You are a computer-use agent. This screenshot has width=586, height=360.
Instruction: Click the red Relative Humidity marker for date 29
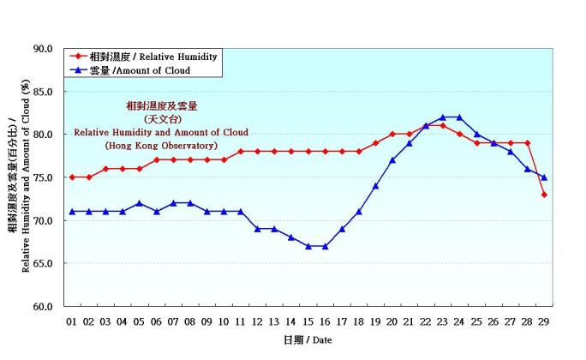tap(544, 195)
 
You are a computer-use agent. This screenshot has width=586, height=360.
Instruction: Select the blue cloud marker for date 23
tap(443, 117)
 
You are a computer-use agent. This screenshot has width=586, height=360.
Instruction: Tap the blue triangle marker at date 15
tap(308, 246)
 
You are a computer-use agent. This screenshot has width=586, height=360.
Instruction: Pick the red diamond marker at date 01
tap(72, 177)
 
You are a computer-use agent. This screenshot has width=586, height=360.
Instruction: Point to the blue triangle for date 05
tap(140, 203)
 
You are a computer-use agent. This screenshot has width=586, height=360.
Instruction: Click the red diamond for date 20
tap(392, 135)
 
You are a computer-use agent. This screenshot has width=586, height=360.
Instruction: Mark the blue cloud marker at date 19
tap(375, 186)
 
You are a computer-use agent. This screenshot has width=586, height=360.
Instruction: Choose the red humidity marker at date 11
tap(241, 152)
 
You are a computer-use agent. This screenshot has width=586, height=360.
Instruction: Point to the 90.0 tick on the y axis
tap(43, 49)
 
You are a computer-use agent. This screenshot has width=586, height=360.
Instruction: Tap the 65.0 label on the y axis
tap(43, 263)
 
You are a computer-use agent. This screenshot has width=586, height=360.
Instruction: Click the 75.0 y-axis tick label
tap(43, 177)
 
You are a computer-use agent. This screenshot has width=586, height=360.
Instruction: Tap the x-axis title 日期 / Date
tap(308, 340)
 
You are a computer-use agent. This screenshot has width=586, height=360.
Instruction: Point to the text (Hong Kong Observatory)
tap(161, 147)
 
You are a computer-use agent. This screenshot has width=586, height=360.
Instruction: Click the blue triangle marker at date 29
tap(544, 177)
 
